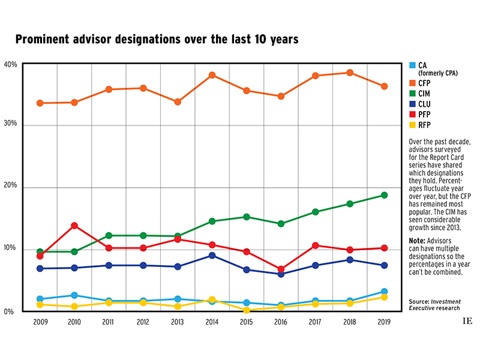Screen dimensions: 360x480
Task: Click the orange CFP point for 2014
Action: pyautogui.click(x=212, y=76)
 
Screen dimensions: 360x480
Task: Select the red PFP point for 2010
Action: pyautogui.click(x=74, y=226)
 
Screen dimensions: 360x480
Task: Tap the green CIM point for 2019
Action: pyautogui.click(x=384, y=195)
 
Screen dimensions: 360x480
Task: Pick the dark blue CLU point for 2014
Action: pyautogui.click(x=212, y=256)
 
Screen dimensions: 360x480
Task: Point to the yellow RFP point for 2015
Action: pyautogui.click(x=247, y=310)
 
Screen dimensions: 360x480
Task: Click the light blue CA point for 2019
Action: pyautogui.click(x=384, y=292)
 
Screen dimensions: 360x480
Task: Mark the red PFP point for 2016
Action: pyautogui.click(x=281, y=269)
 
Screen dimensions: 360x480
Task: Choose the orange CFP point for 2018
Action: pyautogui.click(x=350, y=73)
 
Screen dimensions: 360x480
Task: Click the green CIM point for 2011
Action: pyautogui.click(x=109, y=235)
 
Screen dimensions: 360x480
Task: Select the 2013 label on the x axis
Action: pyautogui.click(x=177, y=322)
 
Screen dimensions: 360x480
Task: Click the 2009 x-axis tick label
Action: pyautogui.click(x=40, y=322)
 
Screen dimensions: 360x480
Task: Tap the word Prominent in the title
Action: pyautogui.click(x=46, y=40)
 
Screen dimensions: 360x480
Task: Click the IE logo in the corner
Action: pyautogui.click(x=467, y=321)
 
